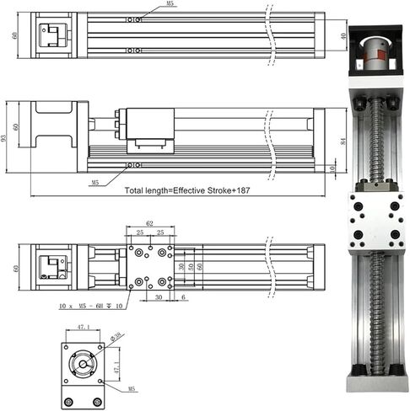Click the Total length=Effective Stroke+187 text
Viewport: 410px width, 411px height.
click(187, 191)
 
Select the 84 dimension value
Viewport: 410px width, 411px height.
click(343, 140)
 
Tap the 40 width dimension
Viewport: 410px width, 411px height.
click(343, 36)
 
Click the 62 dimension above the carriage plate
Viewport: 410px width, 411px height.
click(150, 224)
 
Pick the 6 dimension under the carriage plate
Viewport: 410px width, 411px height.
click(184, 296)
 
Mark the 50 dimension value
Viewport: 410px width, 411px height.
click(191, 268)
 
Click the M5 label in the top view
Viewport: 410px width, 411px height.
click(171, 4)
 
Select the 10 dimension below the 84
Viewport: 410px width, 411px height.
click(333, 168)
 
